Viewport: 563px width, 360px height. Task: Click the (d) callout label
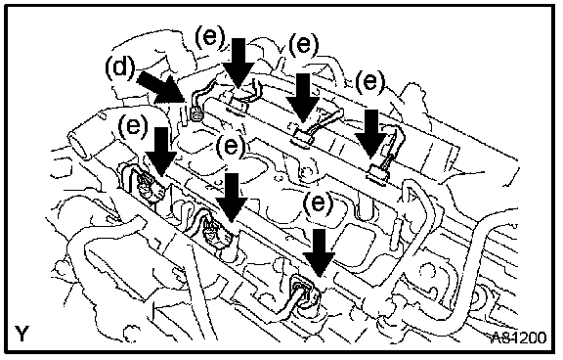point(120,68)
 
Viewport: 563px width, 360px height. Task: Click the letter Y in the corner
point(22,334)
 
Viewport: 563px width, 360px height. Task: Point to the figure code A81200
point(519,337)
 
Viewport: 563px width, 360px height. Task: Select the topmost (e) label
point(210,37)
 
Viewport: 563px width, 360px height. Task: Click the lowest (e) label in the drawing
point(318,203)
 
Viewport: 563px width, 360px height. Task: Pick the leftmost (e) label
point(133,126)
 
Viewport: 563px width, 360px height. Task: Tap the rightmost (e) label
point(369,82)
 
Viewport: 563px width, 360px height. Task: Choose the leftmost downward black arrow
point(161,152)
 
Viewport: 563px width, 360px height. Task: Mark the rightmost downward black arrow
point(371,134)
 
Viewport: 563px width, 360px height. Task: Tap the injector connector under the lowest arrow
point(304,290)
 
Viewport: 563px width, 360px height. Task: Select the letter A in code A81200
point(498,337)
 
